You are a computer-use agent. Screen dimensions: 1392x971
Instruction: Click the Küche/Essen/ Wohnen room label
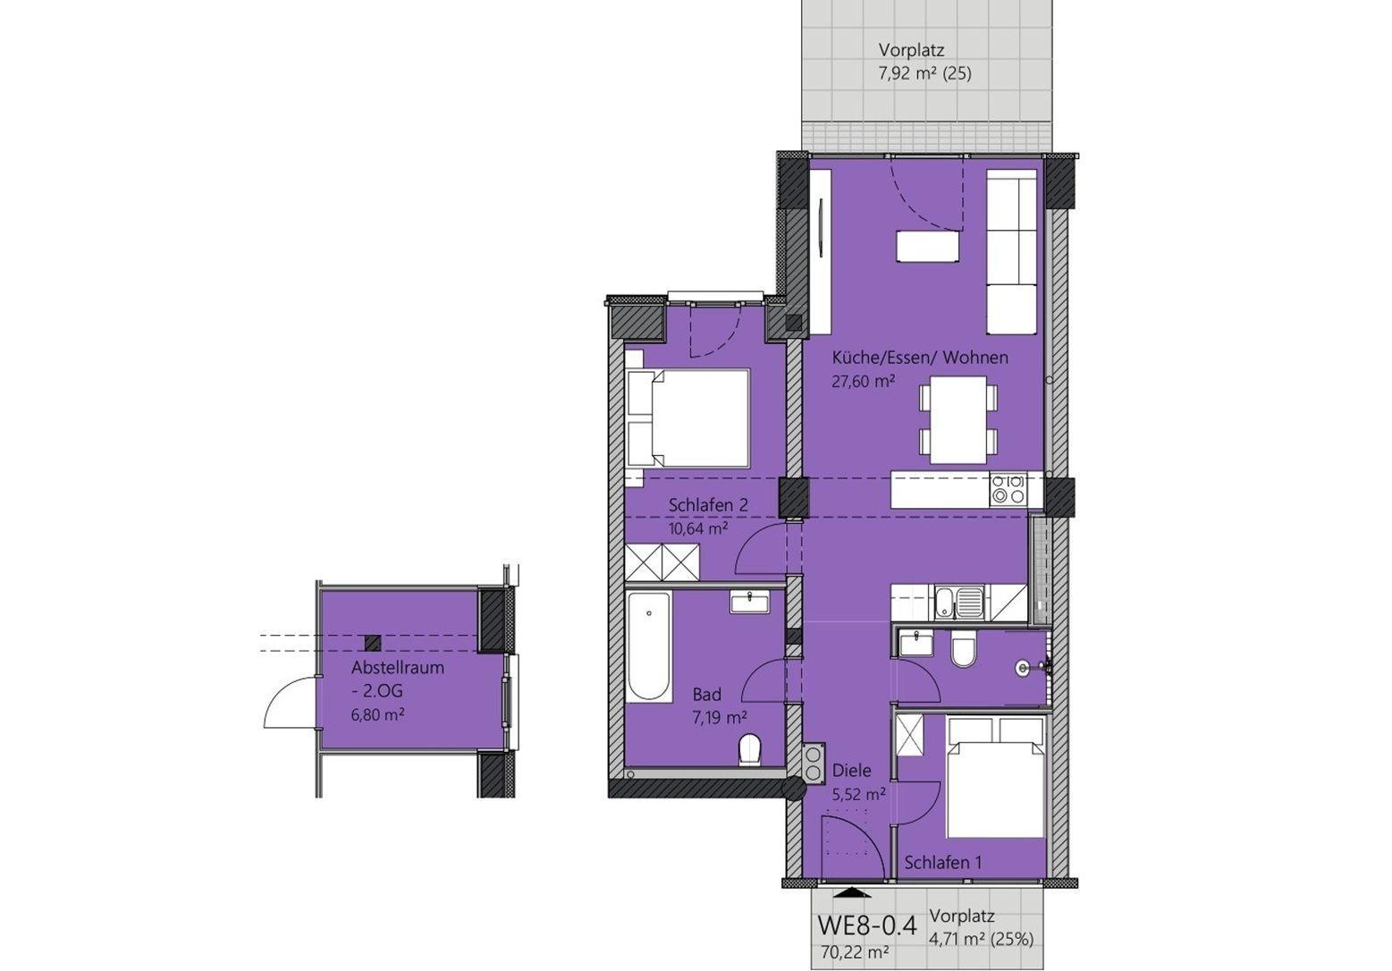[920, 358]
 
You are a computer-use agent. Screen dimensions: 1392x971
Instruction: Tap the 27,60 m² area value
[863, 381]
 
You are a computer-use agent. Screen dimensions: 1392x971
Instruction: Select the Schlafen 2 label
[708, 505]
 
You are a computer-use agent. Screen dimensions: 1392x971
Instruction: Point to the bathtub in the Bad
[649, 647]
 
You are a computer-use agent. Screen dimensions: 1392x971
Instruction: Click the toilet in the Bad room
[751, 750]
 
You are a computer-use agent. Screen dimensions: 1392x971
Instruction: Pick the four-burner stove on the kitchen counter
[1008, 488]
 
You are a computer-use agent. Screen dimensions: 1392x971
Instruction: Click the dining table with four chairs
[958, 419]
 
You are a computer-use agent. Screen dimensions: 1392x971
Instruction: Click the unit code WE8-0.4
[867, 925]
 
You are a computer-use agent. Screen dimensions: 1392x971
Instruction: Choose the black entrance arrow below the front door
[851, 892]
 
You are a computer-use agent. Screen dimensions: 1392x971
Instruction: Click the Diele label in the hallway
[851, 771]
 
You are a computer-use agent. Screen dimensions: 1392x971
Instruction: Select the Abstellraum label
[398, 668]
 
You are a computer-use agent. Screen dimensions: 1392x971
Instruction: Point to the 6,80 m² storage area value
[378, 715]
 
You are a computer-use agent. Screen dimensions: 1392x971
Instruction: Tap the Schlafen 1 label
[942, 863]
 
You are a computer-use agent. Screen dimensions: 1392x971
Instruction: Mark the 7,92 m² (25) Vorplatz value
[924, 74]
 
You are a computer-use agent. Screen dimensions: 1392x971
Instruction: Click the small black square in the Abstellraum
[373, 643]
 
